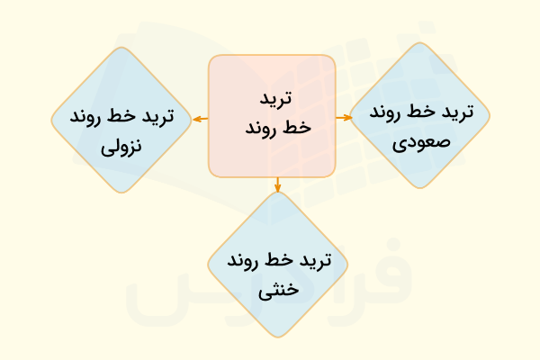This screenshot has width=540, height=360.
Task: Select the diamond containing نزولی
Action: (x=121, y=120)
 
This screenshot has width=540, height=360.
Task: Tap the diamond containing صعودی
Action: (x=419, y=117)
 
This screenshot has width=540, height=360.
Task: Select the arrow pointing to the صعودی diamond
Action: (x=342, y=117)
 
